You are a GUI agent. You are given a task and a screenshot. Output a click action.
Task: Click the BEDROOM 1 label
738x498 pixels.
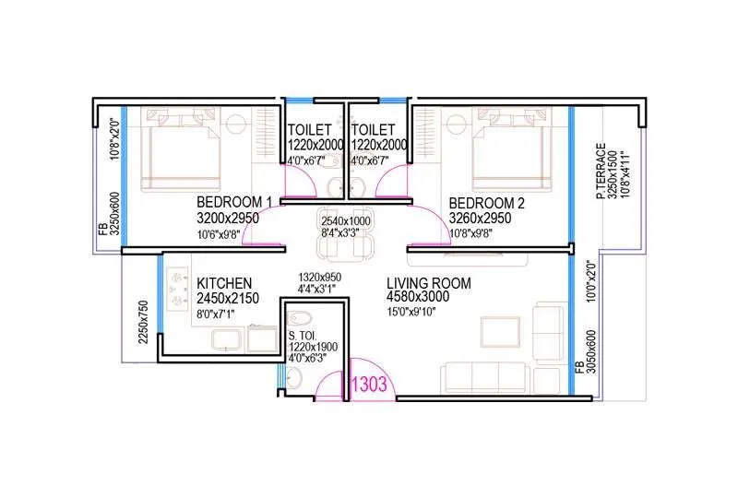(234, 202)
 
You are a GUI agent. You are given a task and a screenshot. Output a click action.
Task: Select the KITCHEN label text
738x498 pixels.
(224, 282)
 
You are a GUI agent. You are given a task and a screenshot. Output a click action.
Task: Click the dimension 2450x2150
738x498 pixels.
(228, 299)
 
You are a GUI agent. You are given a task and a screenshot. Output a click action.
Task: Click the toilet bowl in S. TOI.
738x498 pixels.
(292, 376)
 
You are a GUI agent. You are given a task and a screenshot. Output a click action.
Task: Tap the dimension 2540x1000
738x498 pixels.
(347, 221)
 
